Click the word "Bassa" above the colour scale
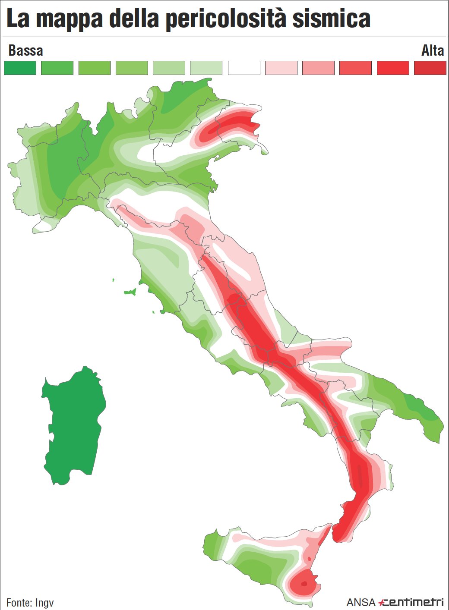point(25,50)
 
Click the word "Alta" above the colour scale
point(432,50)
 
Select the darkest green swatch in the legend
point(20,68)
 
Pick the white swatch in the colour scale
point(244,68)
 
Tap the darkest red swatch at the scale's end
point(430,68)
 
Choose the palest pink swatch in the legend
point(281,68)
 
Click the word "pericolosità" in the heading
point(226,20)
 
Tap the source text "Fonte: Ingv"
point(30,602)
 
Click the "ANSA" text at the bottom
point(361,602)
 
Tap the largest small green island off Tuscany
point(130,292)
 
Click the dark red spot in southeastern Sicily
point(304,584)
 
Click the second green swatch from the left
point(57,68)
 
